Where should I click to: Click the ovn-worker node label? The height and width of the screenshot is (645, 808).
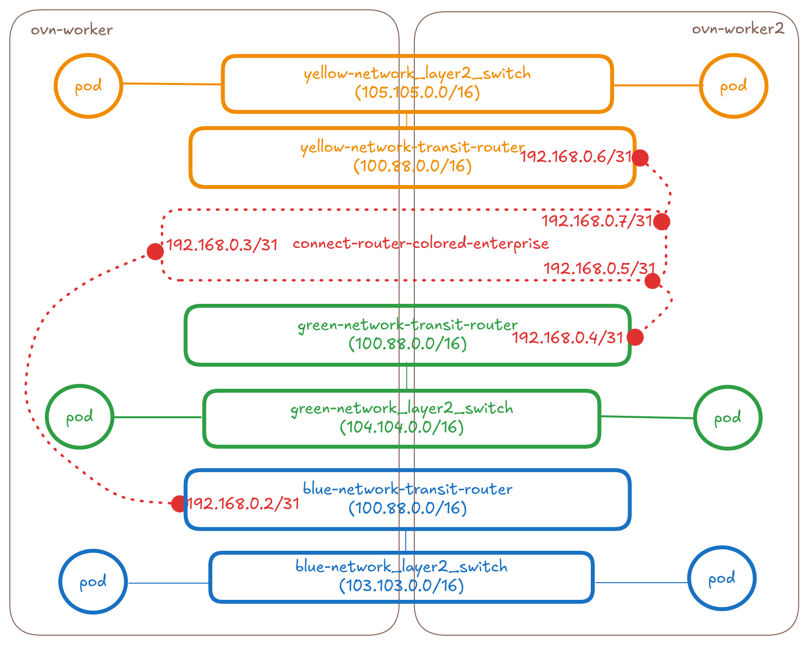coord(72,30)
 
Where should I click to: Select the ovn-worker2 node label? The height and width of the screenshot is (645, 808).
coord(737,29)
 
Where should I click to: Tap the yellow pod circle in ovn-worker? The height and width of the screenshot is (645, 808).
coord(88,86)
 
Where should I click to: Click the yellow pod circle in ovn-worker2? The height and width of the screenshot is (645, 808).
coord(733,86)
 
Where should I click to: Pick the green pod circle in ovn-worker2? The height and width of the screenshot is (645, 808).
coord(727,418)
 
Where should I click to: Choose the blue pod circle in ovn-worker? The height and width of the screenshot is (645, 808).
coord(93,582)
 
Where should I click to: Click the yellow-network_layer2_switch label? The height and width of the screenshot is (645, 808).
coord(417,74)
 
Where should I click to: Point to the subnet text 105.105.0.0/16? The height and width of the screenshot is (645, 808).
coord(417,92)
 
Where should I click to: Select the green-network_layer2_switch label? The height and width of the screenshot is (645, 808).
coord(402,408)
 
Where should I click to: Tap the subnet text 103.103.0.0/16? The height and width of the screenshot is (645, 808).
coord(401,585)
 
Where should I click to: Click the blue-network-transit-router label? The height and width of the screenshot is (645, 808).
coord(407,489)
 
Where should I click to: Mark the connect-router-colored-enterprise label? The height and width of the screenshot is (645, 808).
coord(421,243)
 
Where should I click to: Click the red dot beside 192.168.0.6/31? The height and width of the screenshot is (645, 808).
coord(640,158)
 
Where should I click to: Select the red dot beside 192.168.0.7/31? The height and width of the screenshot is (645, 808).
coord(661,222)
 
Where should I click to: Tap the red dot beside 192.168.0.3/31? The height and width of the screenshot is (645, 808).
coord(155,252)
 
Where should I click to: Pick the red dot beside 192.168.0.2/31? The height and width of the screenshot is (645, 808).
coord(178,504)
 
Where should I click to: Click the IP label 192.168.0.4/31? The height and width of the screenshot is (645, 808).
coord(567,338)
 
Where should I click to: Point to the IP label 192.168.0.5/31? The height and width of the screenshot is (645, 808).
coord(599,268)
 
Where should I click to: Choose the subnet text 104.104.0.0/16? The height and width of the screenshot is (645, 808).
coord(402,427)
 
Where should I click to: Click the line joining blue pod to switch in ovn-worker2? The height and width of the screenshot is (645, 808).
coord(641,583)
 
